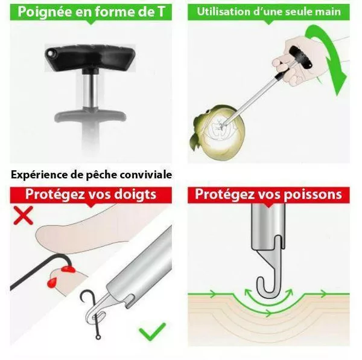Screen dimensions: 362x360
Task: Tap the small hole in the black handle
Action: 50,53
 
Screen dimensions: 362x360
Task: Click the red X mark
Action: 24,216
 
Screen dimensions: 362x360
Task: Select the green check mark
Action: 153,332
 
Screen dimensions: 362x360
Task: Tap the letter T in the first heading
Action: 161,11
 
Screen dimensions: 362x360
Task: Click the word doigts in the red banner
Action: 136,194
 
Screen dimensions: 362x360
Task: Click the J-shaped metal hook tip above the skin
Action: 265,286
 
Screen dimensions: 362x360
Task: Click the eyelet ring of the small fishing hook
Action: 98,338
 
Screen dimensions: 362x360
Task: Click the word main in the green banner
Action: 329,11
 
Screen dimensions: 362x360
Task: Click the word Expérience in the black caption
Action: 39,175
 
